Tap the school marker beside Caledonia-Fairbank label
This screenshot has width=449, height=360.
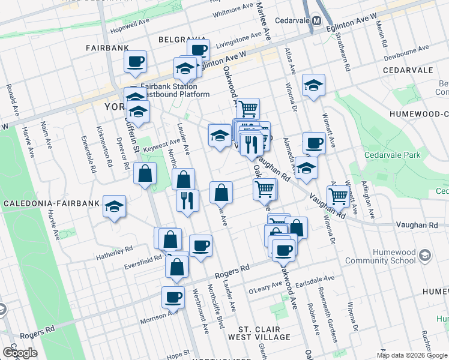pos(114,207)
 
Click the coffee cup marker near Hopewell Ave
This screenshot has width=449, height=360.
pos(136,61)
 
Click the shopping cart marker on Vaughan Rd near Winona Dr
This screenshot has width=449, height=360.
pos(339,196)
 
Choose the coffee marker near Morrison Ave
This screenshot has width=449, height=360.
pos(173,297)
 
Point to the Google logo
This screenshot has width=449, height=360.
pos(20,353)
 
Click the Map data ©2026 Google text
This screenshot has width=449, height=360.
pos(412,355)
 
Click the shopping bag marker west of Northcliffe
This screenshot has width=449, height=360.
pos(145,175)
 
